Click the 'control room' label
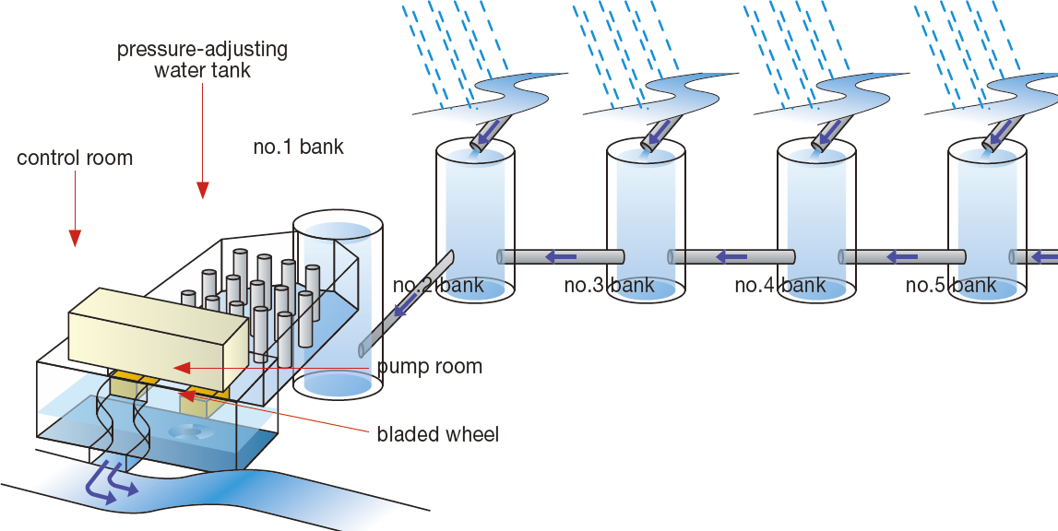tap(75, 159)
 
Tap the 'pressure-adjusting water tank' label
tap(202, 59)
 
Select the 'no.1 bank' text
tap(298, 147)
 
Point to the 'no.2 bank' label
tap(438, 285)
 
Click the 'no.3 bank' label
tap(609, 285)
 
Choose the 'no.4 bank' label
tap(779, 285)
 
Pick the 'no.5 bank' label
tap(950, 285)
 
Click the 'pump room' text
tap(429, 367)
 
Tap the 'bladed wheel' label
tap(437, 434)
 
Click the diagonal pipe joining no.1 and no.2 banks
tap(406, 304)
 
